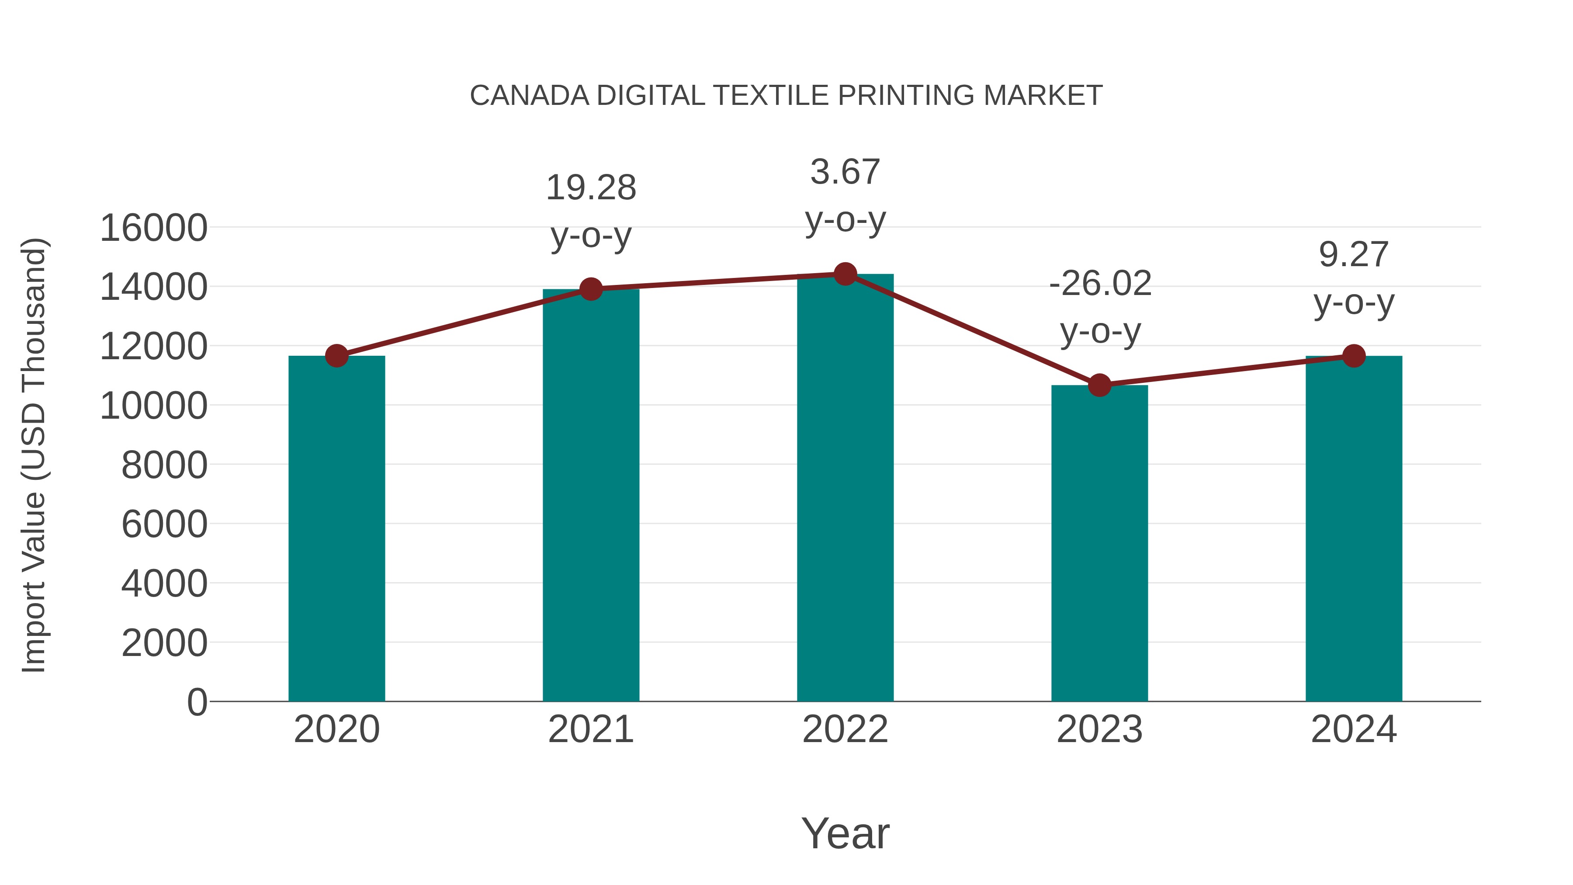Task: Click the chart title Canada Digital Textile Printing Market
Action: coord(786,96)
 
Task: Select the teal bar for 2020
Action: coord(336,528)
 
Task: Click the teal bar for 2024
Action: coord(1354,528)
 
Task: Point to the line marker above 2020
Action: coord(336,355)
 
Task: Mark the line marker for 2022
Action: coord(845,274)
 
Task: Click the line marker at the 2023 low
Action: coord(1099,385)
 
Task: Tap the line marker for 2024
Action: coord(1354,355)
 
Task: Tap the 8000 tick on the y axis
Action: coord(164,465)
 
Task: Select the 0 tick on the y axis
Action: coord(197,702)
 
